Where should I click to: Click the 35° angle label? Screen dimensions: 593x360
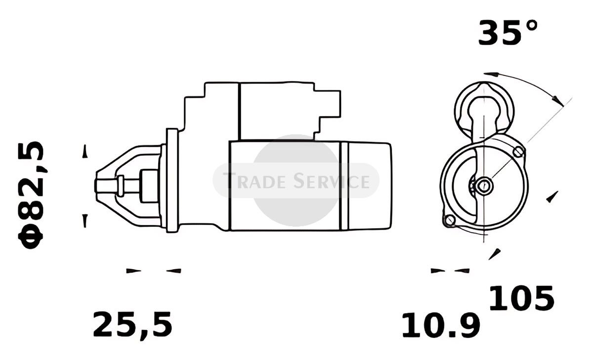(x=508, y=33)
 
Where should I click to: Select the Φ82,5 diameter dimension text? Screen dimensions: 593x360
(x=31, y=195)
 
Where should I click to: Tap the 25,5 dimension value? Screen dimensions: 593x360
(x=133, y=325)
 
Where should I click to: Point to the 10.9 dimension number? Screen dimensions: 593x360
(x=441, y=325)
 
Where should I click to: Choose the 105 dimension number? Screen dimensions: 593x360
(x=521, y=298)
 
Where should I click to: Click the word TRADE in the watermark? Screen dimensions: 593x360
(x=254, y=181)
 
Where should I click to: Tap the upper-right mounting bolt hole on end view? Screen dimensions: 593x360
(x=518, y=152)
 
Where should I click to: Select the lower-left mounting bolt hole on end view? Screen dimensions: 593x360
(x=450, y=220)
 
